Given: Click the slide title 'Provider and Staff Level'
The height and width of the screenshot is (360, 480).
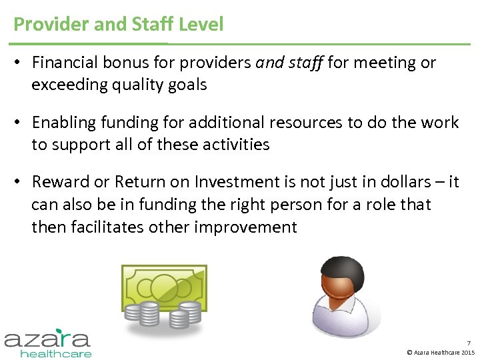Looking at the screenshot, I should [x=119, y=25].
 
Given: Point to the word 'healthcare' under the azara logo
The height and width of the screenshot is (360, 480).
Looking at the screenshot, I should [x=56, y=353].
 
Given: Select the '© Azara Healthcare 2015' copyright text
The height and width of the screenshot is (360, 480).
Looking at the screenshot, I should [x=441, y=352].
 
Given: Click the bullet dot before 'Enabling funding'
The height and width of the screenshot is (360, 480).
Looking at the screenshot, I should [x=19, y=123].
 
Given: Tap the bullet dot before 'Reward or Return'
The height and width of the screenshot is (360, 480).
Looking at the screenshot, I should [x=19, y=182].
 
